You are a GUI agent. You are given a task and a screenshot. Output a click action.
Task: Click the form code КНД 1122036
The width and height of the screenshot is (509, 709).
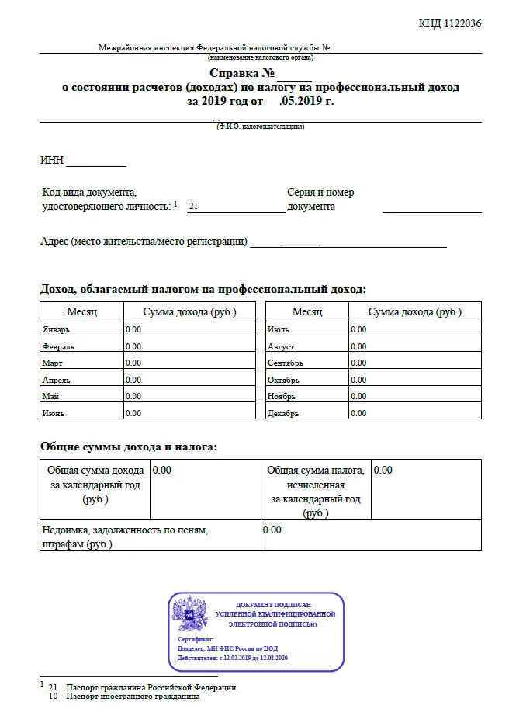(450, 23)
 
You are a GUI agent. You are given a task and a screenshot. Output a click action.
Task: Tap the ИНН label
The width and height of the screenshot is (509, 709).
(51, 162)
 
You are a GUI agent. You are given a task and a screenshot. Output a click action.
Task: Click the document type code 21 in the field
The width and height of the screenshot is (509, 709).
(194, 207)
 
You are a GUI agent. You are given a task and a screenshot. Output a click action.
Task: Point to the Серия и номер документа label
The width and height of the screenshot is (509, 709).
(320, 200)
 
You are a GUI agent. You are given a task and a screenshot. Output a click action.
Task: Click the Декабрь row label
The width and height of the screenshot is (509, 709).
(282, 413)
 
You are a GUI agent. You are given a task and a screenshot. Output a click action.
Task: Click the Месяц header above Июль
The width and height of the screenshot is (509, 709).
(307, 311)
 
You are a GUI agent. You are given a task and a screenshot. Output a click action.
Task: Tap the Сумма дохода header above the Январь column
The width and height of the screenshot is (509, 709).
(189, 311)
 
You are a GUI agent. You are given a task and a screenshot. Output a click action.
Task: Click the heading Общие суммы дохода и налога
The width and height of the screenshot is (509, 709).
(128, 447)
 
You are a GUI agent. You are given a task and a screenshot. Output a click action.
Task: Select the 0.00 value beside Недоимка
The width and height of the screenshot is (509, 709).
(272, 530)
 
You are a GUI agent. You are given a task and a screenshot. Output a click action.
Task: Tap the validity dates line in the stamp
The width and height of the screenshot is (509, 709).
(233, 658)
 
